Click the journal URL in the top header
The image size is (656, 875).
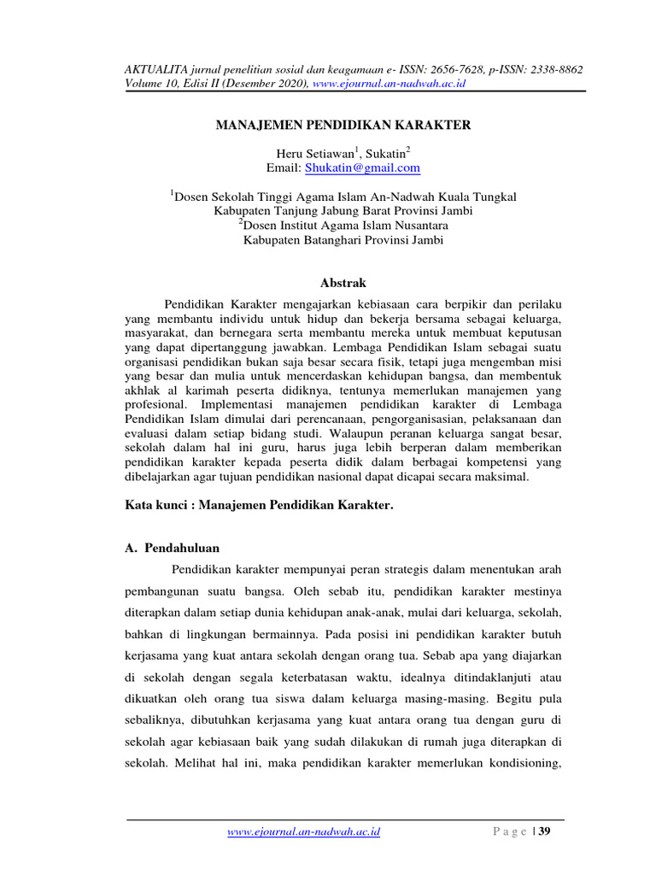coord(389,84)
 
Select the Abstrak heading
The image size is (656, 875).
coord(342,282)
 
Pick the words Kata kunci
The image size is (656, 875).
coord(149,506)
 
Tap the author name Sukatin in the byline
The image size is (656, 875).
coord(387,153)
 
